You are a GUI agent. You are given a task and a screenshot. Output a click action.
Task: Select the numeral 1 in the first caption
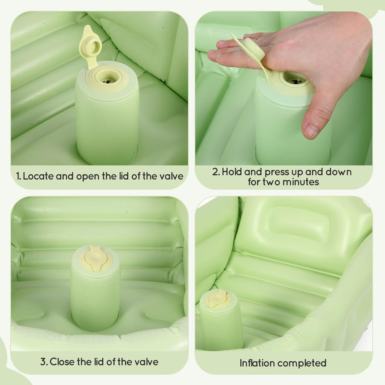pos(18,176)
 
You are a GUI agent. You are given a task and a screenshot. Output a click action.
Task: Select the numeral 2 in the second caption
pos(215,172)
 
